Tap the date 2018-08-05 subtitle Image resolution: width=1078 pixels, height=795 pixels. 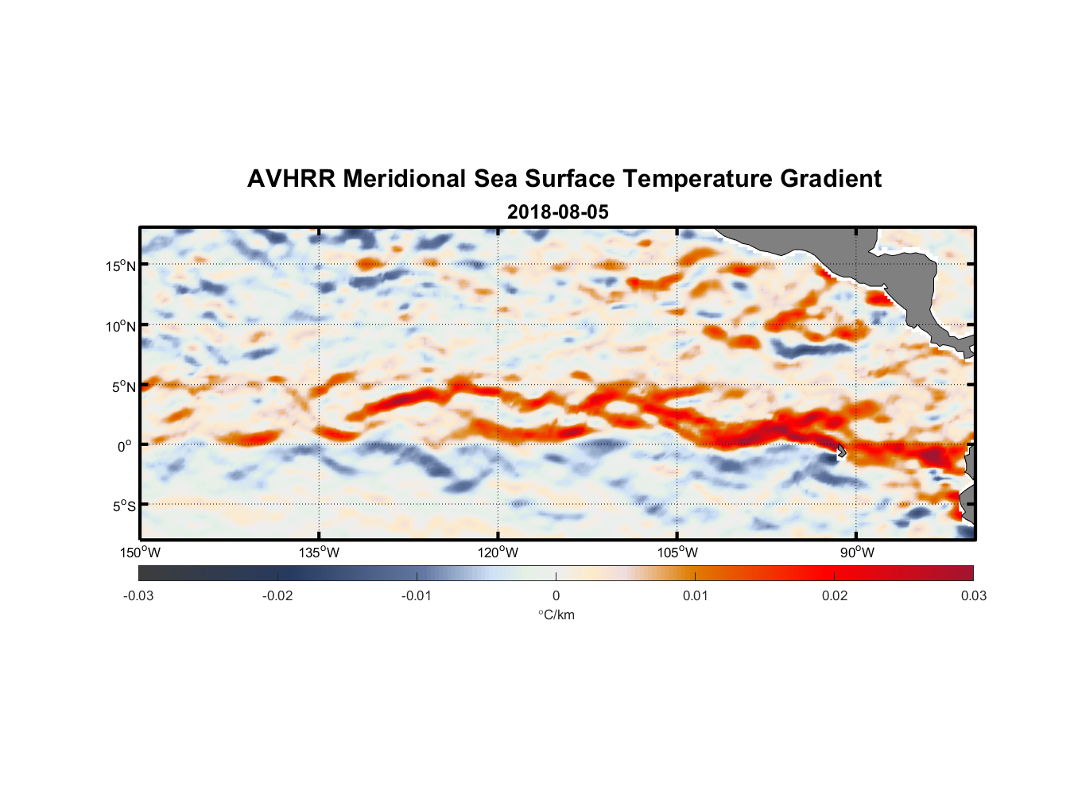557,211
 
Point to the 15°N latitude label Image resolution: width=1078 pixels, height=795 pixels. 121,266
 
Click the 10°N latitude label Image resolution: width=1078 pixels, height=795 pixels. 121,326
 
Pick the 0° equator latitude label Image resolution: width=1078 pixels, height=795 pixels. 125,446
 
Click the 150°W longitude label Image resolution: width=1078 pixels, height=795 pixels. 141,553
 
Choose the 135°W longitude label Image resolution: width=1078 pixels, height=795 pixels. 320,553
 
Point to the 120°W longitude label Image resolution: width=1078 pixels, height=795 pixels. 498,553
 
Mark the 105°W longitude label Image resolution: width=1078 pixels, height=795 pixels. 677,553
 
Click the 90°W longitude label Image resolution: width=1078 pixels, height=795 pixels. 858,553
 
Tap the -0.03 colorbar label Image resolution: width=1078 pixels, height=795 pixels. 138,595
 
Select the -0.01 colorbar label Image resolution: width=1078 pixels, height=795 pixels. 416,595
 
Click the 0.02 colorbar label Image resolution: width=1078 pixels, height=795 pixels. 835,595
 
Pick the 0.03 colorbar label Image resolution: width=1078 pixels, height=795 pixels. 973,595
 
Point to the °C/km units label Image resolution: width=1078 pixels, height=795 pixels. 556,615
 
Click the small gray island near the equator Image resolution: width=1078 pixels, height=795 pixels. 841,451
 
